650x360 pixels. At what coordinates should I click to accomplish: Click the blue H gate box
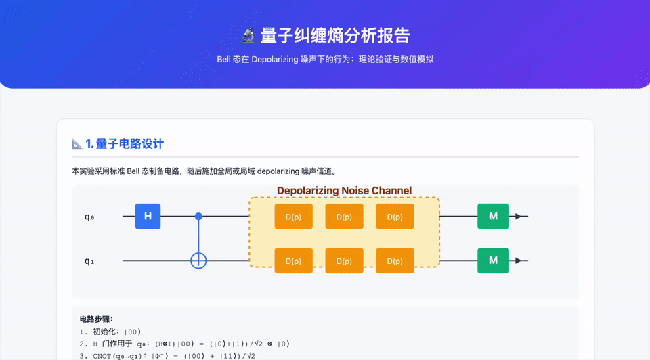[x=148, y=217]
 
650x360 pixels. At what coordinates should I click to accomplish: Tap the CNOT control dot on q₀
[x=198, y=217]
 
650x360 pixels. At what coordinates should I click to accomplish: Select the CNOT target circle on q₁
[x=198, y=261]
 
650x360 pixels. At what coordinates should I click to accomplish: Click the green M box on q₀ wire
[x=493, y=217]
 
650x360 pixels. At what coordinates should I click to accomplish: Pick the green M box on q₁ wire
[x=493, y=261]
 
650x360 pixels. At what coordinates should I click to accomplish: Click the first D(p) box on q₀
[x=293, y=217]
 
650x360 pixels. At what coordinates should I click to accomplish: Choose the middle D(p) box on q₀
[x=344, y=217]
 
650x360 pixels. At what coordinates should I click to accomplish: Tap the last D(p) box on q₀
[x=395, y=217]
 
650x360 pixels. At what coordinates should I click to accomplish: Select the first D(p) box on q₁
[x=293, y=261]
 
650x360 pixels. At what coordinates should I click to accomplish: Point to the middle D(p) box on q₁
[x=344, y=261]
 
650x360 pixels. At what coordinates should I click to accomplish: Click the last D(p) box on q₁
[x=395, y=261]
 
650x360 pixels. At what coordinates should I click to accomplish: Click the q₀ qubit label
[x=89, y=217]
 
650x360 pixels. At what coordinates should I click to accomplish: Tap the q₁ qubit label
[x=89, y=261]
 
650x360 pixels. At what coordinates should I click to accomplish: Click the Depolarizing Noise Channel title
[x=344, y=191]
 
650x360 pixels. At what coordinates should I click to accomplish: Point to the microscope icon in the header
[x=248, y=35]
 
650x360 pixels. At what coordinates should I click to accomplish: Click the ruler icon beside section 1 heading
[x=77, y=143]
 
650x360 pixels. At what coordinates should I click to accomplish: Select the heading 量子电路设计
[x=130, y=143]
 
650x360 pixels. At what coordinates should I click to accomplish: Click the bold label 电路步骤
[x=96, y=319]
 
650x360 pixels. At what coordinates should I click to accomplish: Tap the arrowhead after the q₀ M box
[x=518, y=217]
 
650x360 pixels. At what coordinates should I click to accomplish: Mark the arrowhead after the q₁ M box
[x=518, y=261]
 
